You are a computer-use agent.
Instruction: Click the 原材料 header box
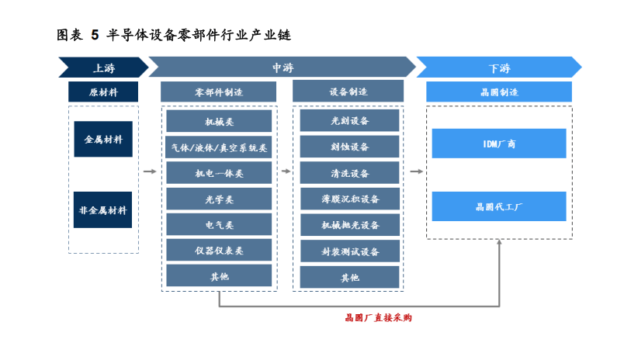(x=103, y=92)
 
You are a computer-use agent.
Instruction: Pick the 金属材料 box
(x=103, y=139)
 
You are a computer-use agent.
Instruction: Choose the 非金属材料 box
(x=103, y=209)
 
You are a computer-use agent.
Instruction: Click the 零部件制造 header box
(x=219, y=92)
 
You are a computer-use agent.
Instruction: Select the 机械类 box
(x=219, y=121)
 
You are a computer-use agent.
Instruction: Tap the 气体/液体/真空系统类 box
(x=219, y=147)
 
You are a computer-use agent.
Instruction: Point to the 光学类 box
(x=219, y=199)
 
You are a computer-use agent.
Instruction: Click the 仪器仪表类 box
(x=219, y=250)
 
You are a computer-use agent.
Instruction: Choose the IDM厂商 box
(x=499, y=144)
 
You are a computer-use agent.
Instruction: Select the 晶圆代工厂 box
(x=499, y=206)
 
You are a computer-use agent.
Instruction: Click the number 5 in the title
(x=95, y=34)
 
